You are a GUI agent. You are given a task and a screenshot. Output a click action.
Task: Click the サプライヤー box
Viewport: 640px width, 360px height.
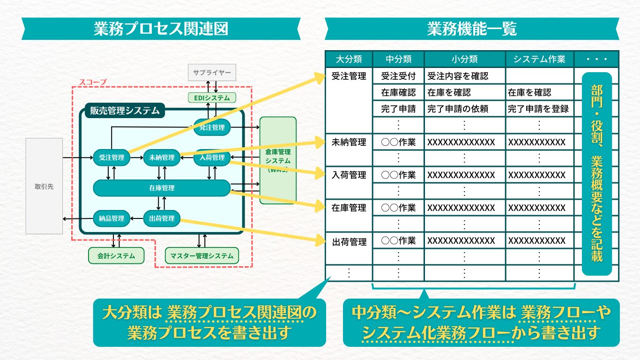click(212, 73)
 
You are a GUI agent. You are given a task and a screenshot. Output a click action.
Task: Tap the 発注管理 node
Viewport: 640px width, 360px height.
click(212, 127)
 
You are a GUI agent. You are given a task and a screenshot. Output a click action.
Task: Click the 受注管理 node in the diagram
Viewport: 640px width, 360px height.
click(112, 157)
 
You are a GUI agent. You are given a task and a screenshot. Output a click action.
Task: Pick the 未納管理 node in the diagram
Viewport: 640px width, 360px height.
click(162, 157)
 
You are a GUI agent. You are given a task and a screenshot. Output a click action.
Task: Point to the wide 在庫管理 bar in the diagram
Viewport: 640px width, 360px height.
click(162, 188)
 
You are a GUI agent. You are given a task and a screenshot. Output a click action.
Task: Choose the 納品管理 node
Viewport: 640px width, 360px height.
click(112, 218)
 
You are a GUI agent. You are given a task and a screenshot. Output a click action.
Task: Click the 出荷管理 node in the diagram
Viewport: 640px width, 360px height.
click(162, 218)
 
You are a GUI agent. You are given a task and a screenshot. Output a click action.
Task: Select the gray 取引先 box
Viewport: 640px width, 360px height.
click(44, 186)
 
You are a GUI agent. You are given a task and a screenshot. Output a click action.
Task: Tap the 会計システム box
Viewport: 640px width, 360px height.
click(116, 256)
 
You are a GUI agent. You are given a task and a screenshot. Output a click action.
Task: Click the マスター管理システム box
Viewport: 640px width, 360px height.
click(202, 256)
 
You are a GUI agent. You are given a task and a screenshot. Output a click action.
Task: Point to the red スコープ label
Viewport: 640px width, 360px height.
click(92, 82)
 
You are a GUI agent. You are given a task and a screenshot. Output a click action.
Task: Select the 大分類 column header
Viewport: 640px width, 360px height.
click(349, 59)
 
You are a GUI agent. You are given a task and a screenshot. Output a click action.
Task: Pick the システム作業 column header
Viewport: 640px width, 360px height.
click(539, 59)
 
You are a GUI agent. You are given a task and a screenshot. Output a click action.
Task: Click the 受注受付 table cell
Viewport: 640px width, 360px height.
click(398, 76)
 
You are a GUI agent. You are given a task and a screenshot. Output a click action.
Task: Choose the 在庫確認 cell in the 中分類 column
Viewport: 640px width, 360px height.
click(398, 92)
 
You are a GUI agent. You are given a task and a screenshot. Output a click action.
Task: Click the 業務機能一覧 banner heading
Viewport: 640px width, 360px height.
click(472, 29)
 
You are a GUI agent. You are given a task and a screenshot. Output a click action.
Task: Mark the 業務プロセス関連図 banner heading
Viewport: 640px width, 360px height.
click(161, 29)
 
